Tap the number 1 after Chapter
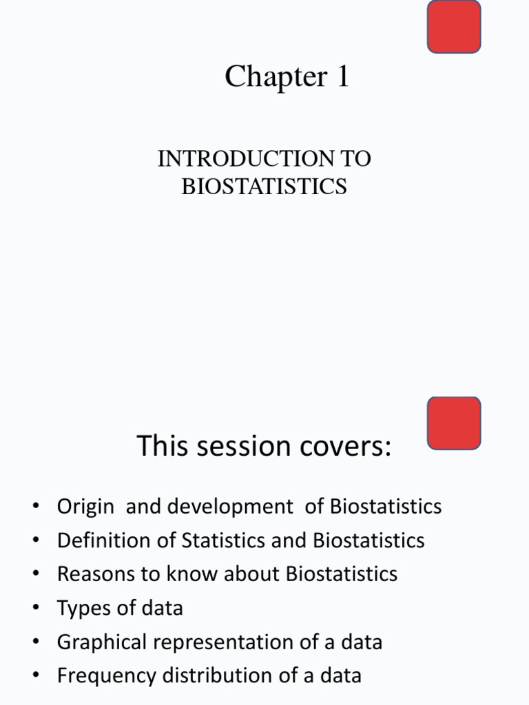[342, 76]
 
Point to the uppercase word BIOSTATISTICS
[264, 187]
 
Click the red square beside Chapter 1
[454, 27]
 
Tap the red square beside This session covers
[454, 423]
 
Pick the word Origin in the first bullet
[85, 507]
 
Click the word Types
[83, 608]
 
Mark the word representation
[218, 642]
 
